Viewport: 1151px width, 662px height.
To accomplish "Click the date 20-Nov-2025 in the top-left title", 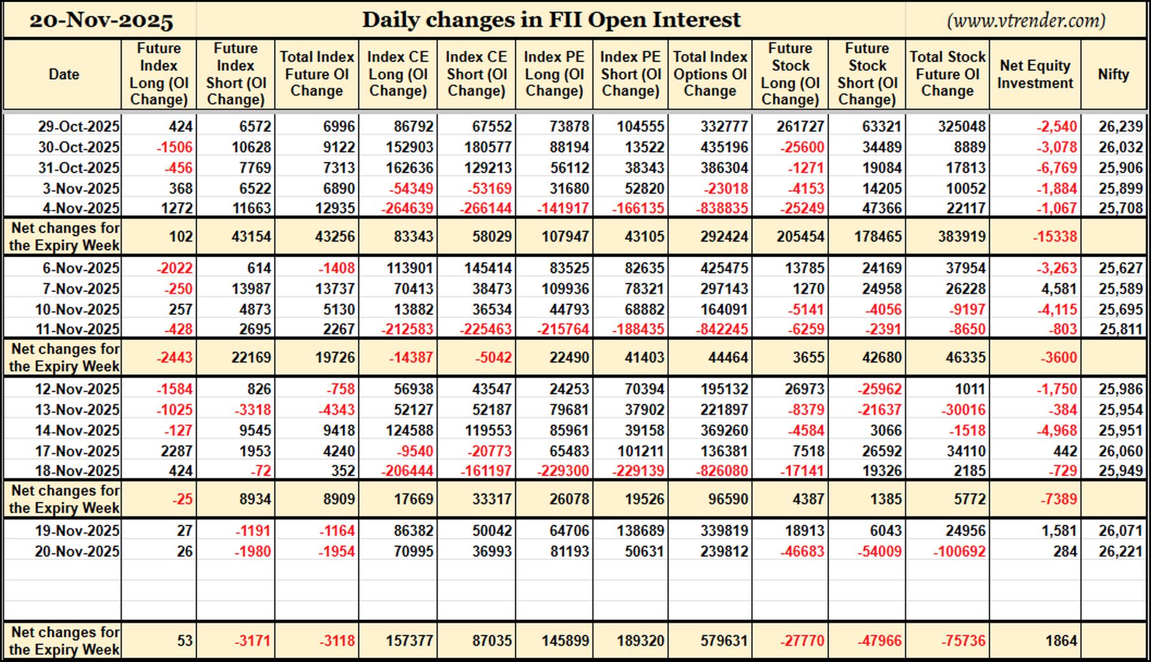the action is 101,20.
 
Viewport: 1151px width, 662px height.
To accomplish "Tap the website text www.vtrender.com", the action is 1026,20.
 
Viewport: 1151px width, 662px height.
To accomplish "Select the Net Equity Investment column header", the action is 1035,74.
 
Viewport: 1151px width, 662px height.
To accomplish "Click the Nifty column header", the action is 1113,74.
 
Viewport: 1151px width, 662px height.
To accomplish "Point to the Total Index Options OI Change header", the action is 710,74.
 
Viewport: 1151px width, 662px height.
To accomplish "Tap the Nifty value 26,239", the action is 1120,127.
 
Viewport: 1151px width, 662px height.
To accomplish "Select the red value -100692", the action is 959,552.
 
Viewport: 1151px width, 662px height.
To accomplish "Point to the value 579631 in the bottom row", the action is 724,641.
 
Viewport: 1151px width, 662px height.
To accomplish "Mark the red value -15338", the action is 1054,237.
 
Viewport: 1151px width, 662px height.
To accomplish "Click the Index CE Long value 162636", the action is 409,168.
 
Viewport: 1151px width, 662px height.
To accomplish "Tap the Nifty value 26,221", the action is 1120,552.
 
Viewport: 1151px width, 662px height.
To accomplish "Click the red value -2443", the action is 174,358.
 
